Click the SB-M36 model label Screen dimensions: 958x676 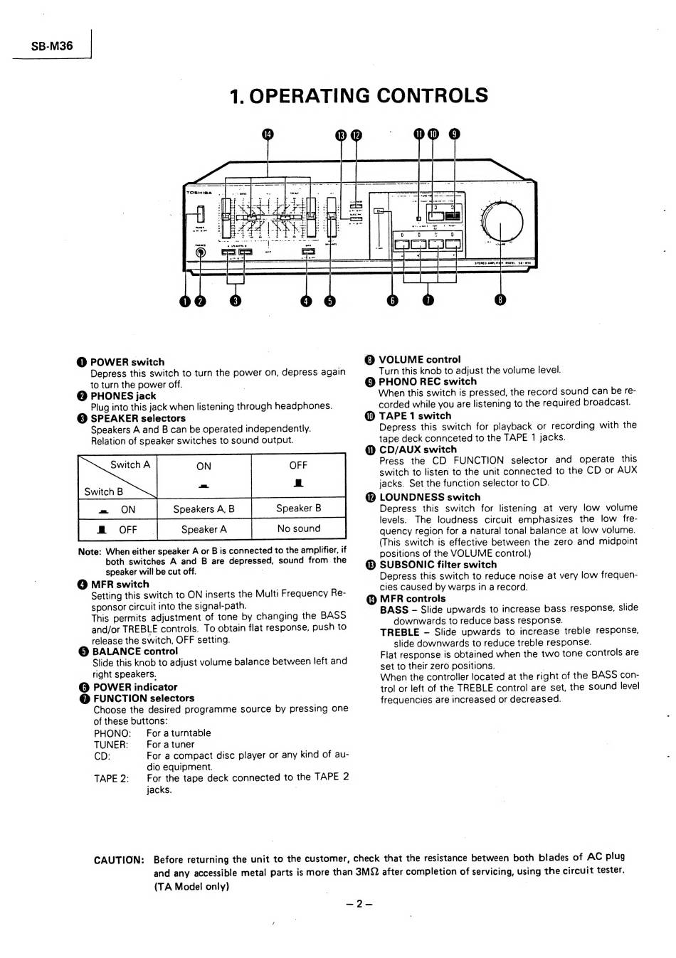click(x=52, y=46)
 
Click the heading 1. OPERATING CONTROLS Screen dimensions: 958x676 click(x=359, y=95)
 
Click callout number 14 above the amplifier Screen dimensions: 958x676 click(x=268, y=134)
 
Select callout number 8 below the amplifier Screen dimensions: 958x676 click(x=501, y=301)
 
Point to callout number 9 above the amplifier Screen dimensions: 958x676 click(x=455, y=134)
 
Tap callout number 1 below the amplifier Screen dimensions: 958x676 click(x=186, y=301)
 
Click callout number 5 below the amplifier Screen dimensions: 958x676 click(x=329, y=301)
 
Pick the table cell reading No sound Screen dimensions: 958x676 click(x=298, y=528)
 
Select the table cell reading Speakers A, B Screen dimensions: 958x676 click(x=204, y=509)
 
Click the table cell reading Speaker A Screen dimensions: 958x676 click(x=204, y=529)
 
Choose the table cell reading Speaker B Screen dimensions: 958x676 click(x=298, y=508)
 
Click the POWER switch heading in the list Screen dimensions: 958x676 click(x=127, y=362)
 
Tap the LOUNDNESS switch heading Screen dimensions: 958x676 click(x=429, y=497)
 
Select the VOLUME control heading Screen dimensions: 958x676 click(x=419, y=359)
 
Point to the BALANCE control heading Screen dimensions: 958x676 click(x=134, y=651)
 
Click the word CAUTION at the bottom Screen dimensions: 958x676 click(x=119, y=860)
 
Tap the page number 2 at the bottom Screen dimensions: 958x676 click(x=359, y=904)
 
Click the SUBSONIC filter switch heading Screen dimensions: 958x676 click(x=438, y=565)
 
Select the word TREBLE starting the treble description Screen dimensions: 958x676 click(x=399, y=632)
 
